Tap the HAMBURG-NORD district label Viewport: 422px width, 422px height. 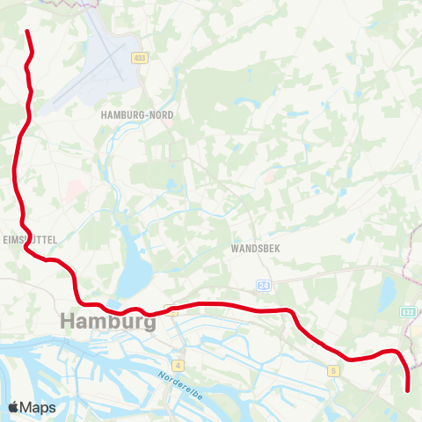tap(137, 115)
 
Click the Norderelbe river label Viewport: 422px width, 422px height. tap(181, 386)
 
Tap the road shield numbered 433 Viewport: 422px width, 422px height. tap(140, 58)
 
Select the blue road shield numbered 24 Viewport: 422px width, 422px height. tap(264, 286)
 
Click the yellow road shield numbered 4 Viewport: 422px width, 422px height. tap(178, 364)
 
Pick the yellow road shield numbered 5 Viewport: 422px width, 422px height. tap(334, 371)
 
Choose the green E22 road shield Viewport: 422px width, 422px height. tap(408, 311)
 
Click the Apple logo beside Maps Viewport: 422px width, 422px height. tap(14, 407)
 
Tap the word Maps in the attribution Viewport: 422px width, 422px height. tap(39, 407)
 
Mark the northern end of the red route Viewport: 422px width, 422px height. tap(28, 33)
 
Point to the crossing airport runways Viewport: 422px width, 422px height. tap(113, 63)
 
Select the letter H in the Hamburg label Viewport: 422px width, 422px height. tap(68, 322)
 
